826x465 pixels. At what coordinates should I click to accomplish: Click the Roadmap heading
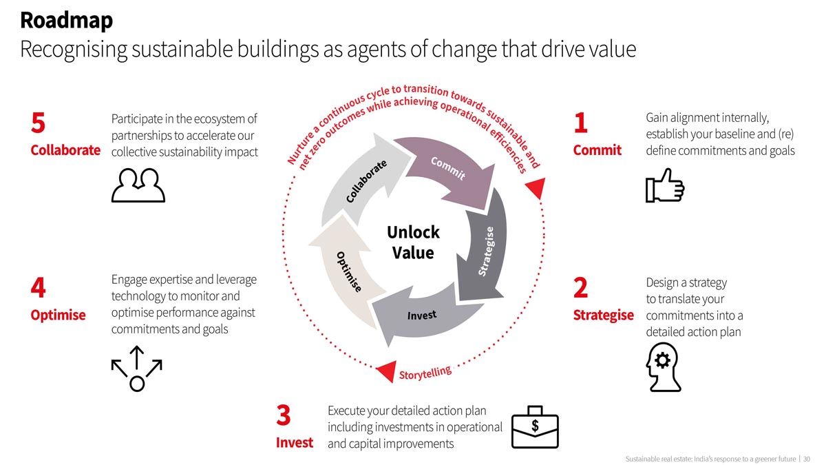pos(66,21)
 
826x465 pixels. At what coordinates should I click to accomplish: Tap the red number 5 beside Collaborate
pos(39,123)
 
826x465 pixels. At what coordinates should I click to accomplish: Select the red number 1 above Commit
pos(581,123)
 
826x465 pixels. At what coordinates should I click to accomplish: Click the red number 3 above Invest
pos(283,415)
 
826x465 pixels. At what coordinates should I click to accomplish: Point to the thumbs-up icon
pos(665,185)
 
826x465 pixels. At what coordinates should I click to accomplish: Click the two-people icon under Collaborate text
pos(138,185)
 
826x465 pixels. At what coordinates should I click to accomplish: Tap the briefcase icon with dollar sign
pos(535,427)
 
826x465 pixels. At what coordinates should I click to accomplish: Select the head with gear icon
pos(664,366)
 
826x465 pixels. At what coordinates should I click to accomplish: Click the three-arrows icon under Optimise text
pos(137,369)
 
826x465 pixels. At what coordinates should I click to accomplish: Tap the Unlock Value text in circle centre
pos(413,242)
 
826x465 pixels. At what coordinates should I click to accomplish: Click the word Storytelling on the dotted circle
pos(425,373)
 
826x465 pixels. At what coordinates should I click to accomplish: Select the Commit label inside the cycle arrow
pos(448,168)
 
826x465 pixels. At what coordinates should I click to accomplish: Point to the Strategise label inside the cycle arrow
pos(486,251)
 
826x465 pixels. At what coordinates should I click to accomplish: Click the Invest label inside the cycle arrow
pos(422,316)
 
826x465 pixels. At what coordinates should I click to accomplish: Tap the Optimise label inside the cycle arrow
pos(349,272)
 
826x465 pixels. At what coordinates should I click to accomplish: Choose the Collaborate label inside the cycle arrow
pos(366,181)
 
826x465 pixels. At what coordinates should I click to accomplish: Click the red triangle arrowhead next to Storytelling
pos(386,371)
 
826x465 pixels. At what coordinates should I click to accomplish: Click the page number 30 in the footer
pos(807,459)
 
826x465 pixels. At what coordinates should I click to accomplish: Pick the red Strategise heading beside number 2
pos(603,316)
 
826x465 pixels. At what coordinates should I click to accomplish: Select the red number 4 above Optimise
pos(39,287)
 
